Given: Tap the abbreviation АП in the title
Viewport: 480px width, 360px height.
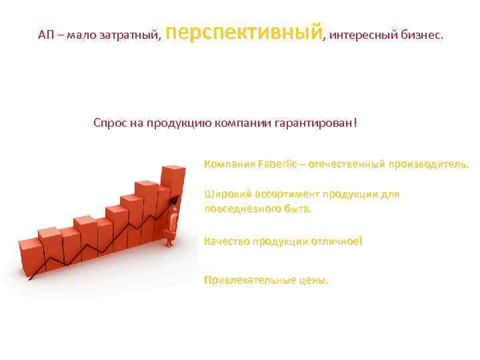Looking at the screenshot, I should coord(46,35).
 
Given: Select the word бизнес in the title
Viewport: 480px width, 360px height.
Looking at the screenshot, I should coord(421,35).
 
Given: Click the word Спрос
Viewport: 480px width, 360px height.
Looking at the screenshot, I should coord(109,123).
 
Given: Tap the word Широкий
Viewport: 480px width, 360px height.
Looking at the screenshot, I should coord(228,195).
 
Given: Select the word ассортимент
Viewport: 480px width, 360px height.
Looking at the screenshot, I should coord(287,195).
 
